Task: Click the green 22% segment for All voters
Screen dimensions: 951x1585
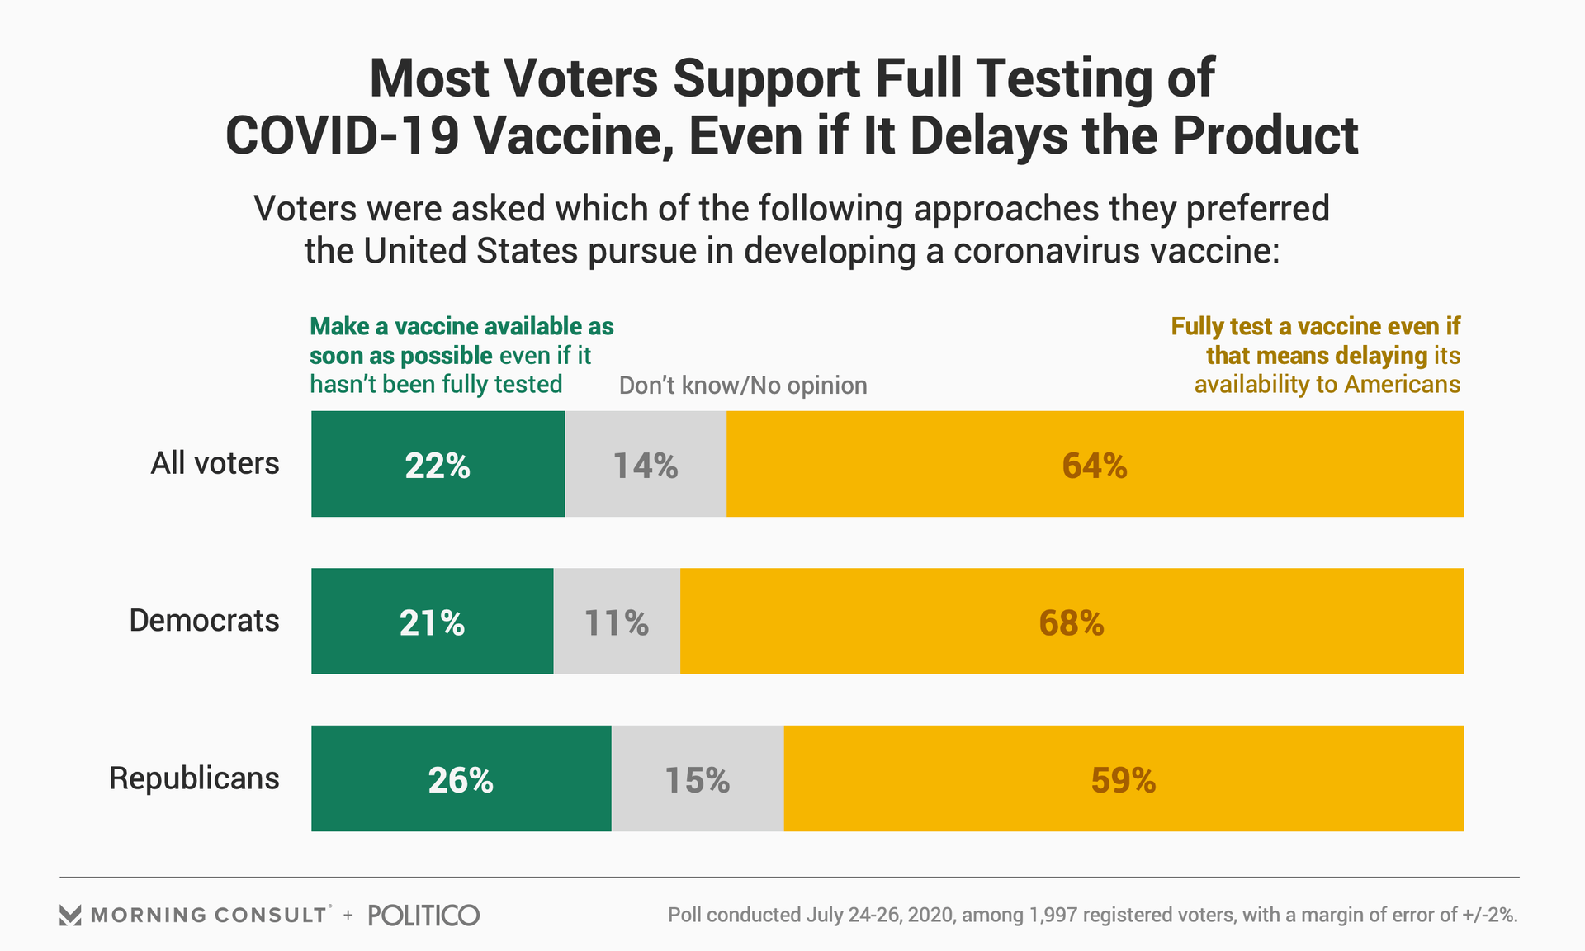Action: coord(438,464)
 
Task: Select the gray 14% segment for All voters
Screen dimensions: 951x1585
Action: coord(646,464)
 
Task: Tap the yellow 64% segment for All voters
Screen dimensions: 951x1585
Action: coord(1095,464)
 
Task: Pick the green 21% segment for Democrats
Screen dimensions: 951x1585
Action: coord(432,621)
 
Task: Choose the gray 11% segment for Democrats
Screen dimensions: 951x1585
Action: coord(617,621)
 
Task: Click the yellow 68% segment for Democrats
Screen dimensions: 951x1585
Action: coord(1072,621)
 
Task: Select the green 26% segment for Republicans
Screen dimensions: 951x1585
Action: coord(461,778)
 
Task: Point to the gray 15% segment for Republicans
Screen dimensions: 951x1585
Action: coord(698,778)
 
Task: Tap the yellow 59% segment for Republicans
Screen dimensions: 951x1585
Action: coord(1124,778)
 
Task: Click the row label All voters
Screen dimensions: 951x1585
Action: coord(215,463)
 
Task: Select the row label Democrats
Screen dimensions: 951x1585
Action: coord(204,620)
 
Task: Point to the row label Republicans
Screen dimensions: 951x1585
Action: coord(194,778)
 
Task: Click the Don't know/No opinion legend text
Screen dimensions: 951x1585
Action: coord(743,386)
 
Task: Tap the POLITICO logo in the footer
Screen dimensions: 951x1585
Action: coord(423,915)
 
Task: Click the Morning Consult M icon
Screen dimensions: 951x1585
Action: coord(70,915)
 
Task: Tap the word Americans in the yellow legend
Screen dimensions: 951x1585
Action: coord(1403,385)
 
